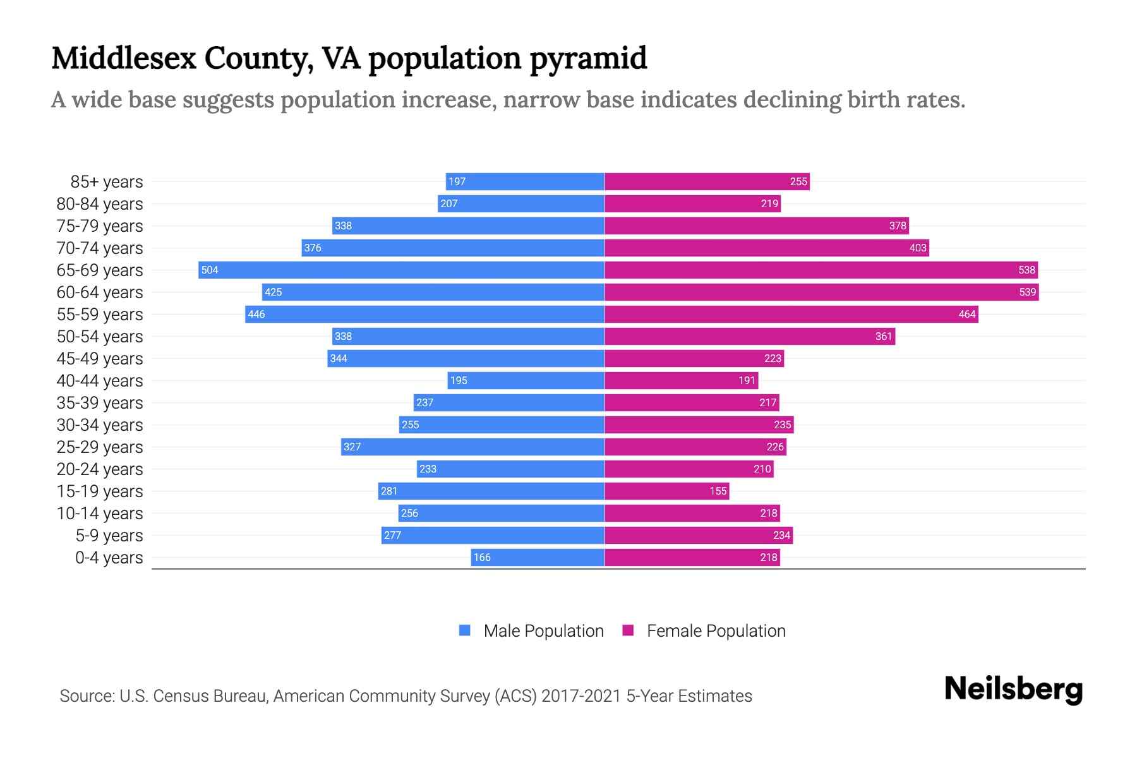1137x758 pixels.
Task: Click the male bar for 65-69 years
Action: tap(401, 270)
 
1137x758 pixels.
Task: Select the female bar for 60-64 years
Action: tap(821, 292)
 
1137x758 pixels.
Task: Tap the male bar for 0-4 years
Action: tap(538, 557)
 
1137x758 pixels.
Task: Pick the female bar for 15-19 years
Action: tap(666, 491)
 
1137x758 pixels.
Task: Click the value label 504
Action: tap(210, 270)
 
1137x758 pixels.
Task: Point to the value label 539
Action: tap(1027, 292)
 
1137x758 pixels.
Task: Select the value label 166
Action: tap(482, 557)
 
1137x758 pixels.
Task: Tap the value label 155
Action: tap(718, 491)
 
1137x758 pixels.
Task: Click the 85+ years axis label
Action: tap(106, 182)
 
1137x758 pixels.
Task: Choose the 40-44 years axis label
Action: tap(100, 381)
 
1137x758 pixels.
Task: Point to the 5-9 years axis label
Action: tap(109, 536)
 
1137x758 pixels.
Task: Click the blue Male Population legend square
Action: tap(465, 630)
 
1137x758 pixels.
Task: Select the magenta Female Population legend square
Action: tap(628, 630)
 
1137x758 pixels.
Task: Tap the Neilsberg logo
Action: tap(1013, 689)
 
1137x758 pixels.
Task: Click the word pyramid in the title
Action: tap(587, 58)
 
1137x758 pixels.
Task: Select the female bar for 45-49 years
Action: tap(694, 358)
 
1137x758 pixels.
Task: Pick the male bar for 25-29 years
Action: tap(472, 447)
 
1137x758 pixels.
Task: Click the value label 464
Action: tap(966, 314)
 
